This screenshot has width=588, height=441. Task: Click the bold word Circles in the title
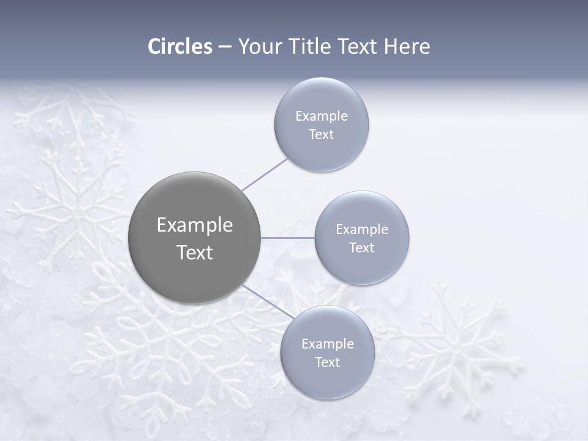(x=179, y=47)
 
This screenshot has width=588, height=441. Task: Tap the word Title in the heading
(x=307, y=47)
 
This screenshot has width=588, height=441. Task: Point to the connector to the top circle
(x=264, y=175)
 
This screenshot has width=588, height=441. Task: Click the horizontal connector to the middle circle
(x=287, y=237)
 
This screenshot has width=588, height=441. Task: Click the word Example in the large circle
(x=194, y=225)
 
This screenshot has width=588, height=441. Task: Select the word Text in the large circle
(x=194, y=252)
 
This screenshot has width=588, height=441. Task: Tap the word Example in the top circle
(x=321, y=116)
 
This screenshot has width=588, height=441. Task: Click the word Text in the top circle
(x=321, y=134)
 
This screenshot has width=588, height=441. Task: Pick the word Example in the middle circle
(x=361, y=229)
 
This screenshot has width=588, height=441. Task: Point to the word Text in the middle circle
(x=361, y=247)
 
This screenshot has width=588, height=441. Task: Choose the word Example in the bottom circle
(x=327, y=344)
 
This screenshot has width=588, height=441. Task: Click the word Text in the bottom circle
(x=327, y=362)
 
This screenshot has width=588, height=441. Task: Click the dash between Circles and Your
(x=224, y=47)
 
